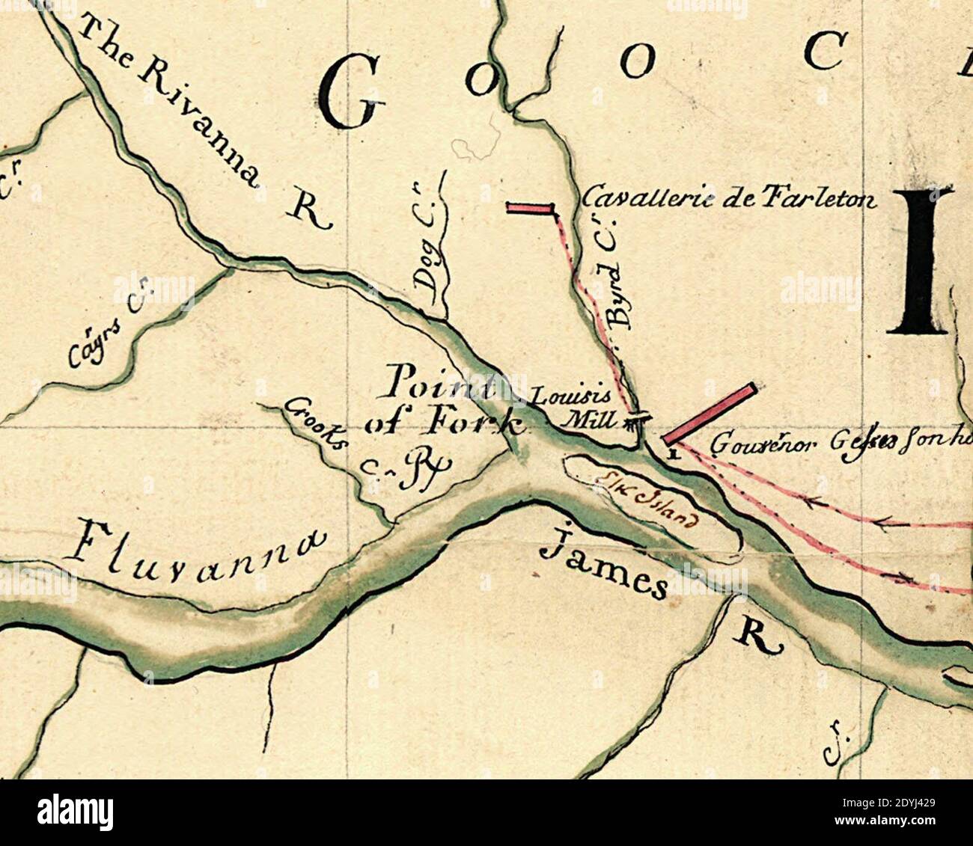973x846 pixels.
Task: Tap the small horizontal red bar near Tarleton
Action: (530, 208)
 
